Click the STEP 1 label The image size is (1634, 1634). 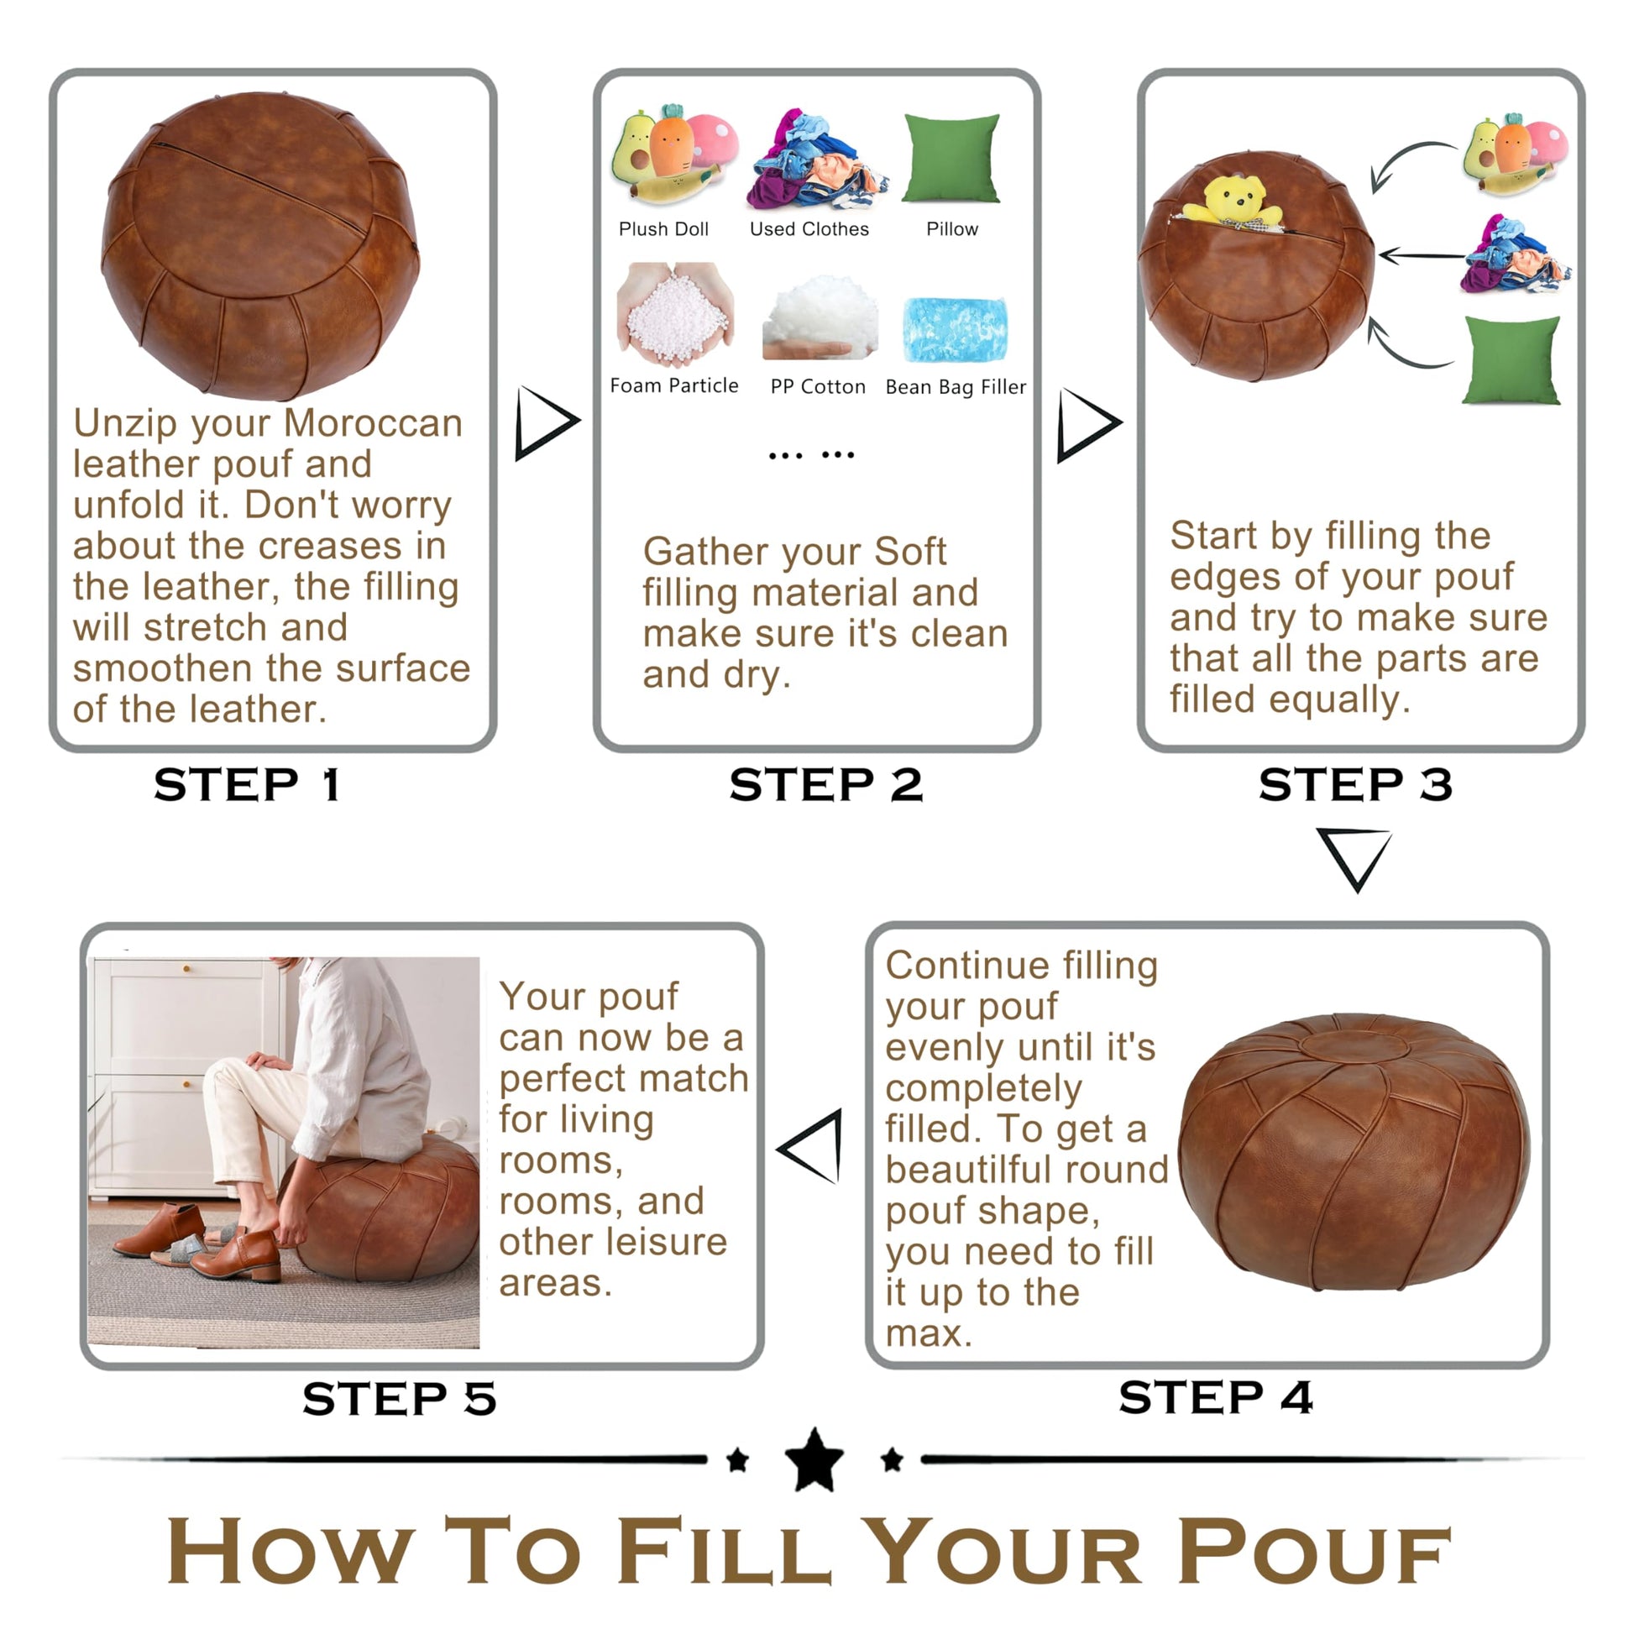pyautogui.click(x=246, y=785)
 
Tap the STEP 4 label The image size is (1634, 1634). pyautogui.click(x=1215, y=1396)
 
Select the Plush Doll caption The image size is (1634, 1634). pyautogui.click(x=663, y=229)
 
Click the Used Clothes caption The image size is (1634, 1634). pyautogui.click(x=809, y=229)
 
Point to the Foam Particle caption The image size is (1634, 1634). pyautogui.click(x=674, y=385)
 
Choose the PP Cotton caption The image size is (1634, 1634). pyautogui.click(x=818, y=386)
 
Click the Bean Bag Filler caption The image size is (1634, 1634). pyautogui.click(x=956, y=387)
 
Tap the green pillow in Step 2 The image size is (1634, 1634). pyautogui.click(x=951, y=159)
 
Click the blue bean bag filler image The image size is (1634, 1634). pyautogui.click(x=956, y=329)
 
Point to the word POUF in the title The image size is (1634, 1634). pyautogui.click(x=1313, y=1552)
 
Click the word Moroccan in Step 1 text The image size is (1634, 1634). pyautogui.click(x=373, y=423)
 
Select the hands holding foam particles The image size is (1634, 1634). pyautogui.click(x=674, y=313)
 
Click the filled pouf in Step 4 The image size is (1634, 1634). pyautogui.click(x=1354, y=1151)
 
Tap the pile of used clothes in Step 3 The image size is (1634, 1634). pyautogui.click(x=1515, y=255)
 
